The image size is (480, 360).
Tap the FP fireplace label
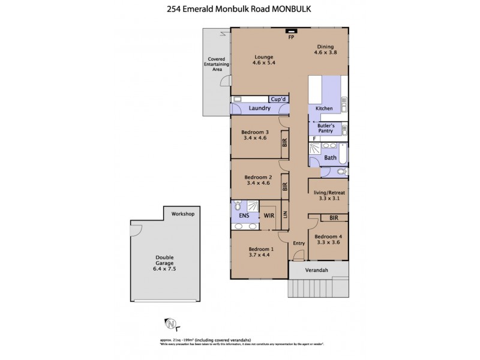point(291,37)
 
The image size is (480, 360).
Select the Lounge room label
point(263,57)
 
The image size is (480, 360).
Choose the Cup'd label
point(278,99)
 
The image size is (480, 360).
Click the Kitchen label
point(324,109)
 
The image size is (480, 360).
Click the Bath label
point(331,158)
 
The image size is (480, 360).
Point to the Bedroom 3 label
point(255,132)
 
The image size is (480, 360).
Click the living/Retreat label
point(329,193)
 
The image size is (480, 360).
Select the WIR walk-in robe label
point(268,214)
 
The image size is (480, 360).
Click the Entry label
point(299,243)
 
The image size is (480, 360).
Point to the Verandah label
point(318,271)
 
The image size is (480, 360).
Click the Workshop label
point(183,214)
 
